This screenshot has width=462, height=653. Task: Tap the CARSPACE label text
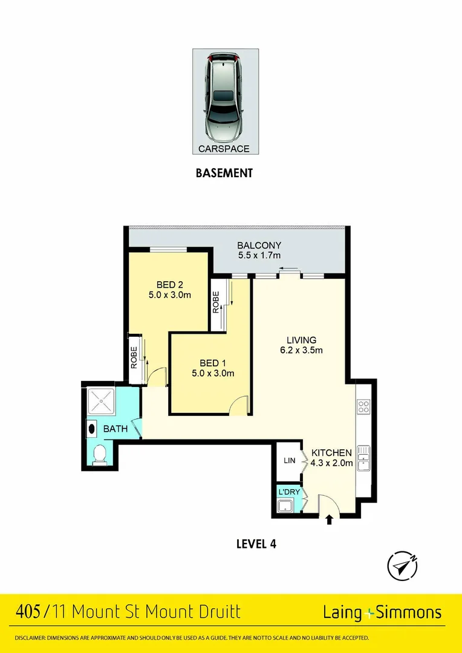click(224, 148)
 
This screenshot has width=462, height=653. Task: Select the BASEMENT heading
click(224, 173)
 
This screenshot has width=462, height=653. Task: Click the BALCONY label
click(259, 245)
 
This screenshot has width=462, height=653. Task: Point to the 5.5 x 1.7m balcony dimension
click(259, 256)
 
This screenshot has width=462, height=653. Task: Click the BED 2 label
click(169, 285)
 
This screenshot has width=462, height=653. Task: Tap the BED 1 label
click(212, 363)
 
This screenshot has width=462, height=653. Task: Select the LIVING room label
click(301, 340)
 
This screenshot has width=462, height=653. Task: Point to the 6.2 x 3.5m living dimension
click(301, 351)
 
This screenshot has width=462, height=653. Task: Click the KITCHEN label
click(331, 453)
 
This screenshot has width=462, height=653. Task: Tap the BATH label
click(115, 429)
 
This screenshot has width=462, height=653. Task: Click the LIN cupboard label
click(289, 461)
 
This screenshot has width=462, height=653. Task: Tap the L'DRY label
click(288, 492)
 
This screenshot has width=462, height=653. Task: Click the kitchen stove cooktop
click(363, 406)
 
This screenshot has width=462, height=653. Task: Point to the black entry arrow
click(329, 519)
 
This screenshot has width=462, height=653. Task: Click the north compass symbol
click(402, 566)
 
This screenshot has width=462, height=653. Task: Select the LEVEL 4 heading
click(256, 544)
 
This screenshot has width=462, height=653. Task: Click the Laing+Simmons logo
click(382, 612)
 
